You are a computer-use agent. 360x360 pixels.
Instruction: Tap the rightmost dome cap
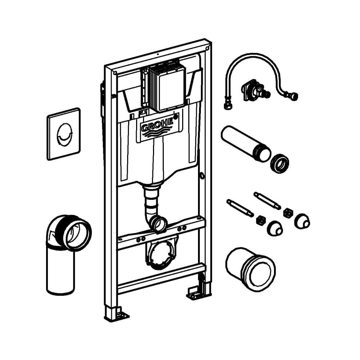click(x=301, y=221)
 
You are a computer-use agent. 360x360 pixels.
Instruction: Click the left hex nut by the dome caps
click(x=261, y=220)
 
